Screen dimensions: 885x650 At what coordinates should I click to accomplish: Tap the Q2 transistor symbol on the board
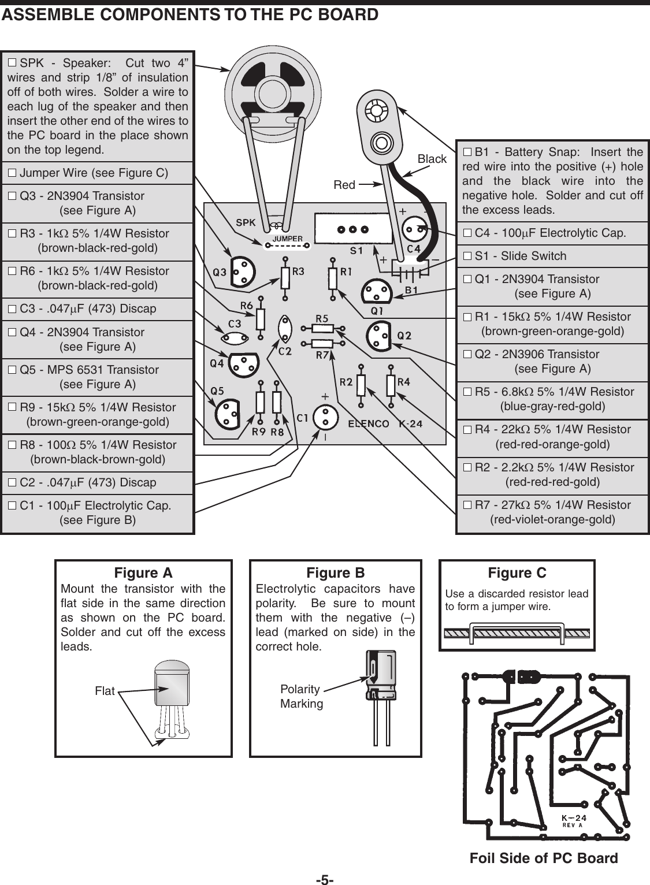(380, 336)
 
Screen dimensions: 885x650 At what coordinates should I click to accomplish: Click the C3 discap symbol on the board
(234, 337)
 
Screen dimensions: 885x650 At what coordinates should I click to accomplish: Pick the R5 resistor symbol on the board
(322, 328)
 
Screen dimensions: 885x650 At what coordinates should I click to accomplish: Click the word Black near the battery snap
(432, 159)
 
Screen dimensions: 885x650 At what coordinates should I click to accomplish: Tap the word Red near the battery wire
(344, 185)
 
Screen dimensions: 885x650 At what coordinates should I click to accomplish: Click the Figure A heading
(143, 573)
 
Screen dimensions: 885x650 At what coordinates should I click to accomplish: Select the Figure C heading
(517, 573)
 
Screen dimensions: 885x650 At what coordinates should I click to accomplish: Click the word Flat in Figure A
(105, 691)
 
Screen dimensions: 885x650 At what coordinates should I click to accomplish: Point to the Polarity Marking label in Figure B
(301, 696)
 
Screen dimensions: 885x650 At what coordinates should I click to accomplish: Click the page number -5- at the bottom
(325, 879)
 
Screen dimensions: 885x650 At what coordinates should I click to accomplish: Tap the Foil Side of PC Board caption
(544, 858)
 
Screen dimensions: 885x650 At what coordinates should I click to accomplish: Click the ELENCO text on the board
(368, 424)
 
